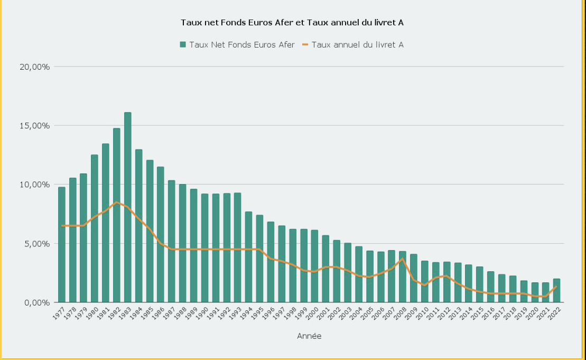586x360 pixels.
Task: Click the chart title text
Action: click(293, 22)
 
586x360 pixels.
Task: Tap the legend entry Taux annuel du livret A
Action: click(357, 45)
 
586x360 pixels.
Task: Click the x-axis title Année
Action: click(309, 336)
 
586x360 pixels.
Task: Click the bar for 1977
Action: click(62, 244)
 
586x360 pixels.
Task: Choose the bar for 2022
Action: click(556, 290)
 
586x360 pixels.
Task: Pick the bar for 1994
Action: click(248, 257)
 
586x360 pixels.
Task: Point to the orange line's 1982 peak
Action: click(117, 202)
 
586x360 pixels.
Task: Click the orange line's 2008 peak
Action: click(403, 259)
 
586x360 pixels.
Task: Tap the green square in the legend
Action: click(183, 45)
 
